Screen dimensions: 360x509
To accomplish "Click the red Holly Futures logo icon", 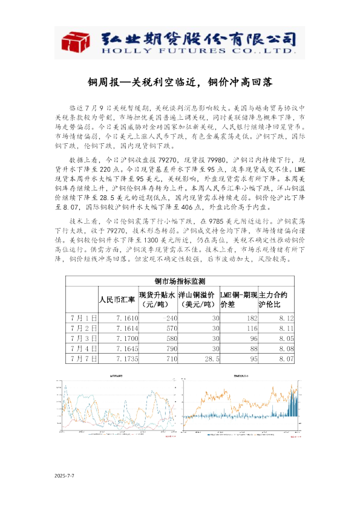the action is point(76,43).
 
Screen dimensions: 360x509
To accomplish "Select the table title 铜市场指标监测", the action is point(180,281).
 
